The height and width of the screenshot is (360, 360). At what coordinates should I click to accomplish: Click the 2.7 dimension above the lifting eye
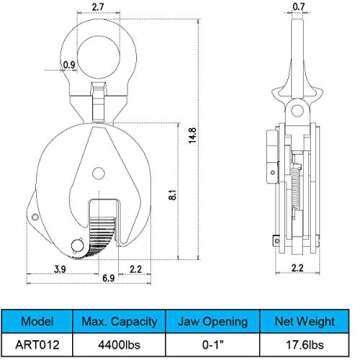pyautogui.click(x=98, y=9)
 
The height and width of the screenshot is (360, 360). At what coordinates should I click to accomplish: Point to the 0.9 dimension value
pyautogui.click(x=69, y=66)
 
